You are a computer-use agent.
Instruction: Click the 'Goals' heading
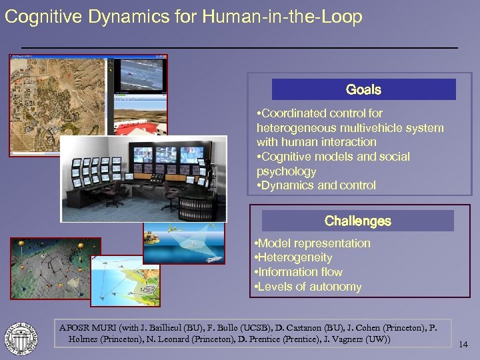coord(363,89)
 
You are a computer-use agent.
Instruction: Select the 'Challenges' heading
coord(357,221)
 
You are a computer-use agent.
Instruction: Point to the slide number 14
coord(465,345)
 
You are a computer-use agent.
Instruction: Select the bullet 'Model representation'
coord(313,243)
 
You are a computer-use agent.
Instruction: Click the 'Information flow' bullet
coord(299,272)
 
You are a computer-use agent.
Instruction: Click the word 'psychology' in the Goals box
coord(287,171)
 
